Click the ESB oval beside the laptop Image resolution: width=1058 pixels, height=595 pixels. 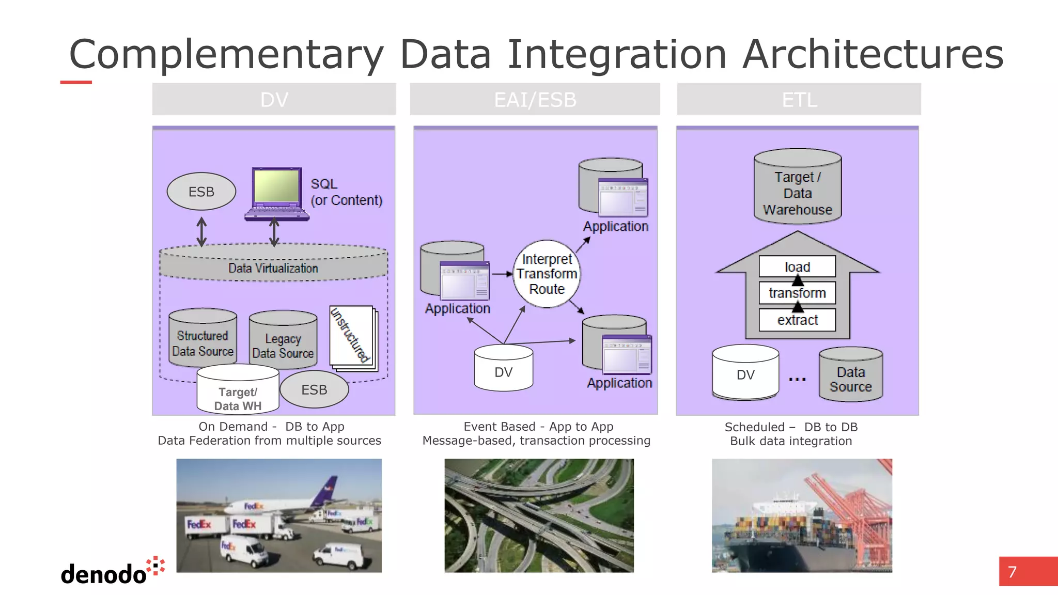201,192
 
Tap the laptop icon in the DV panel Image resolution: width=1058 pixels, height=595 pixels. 277,194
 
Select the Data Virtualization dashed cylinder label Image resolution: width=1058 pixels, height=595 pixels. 273,268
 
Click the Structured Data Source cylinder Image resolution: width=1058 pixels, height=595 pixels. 203,338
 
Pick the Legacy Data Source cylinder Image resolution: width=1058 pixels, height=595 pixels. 283,341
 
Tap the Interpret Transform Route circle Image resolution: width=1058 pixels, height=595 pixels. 547,274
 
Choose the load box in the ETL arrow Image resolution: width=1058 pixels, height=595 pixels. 797,267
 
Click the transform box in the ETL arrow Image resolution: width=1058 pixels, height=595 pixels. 797,293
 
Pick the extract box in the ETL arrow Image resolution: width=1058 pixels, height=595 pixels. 797,320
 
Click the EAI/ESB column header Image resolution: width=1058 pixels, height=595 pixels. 535,99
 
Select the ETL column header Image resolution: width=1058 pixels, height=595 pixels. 799,99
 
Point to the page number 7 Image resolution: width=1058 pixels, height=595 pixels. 1013,572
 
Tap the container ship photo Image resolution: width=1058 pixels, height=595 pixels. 801,515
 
